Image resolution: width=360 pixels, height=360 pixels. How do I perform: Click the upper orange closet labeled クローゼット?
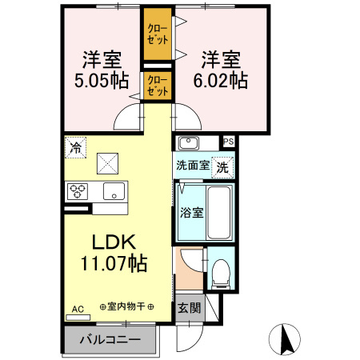click(157, 34)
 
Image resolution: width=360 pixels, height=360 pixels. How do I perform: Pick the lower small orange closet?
click(157, 86)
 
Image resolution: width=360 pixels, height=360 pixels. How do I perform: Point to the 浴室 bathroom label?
click(191, 214)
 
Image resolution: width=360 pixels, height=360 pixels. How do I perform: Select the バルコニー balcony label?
click(111, 339)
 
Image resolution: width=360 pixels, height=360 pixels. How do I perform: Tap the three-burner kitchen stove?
click(78, 191)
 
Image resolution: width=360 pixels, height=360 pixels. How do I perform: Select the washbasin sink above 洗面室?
click(189, 143)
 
